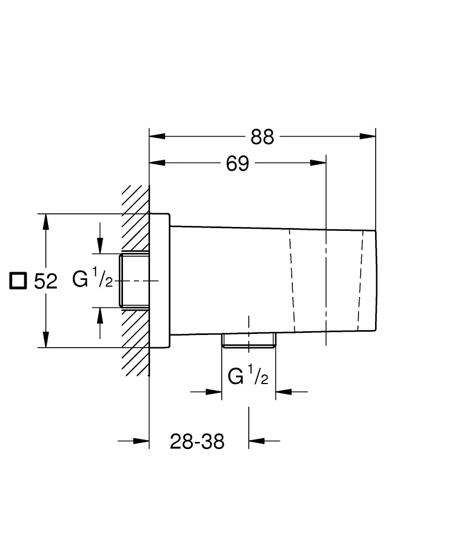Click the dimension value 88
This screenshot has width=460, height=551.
(x=262, y=137)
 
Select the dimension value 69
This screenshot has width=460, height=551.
(x=238, y=164)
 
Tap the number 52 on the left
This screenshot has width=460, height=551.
(x=46, y=282)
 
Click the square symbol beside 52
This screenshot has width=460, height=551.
(x=18, y=280)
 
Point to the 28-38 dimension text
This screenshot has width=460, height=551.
(x=197, y=441)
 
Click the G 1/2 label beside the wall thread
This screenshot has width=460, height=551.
(x=93, y=280)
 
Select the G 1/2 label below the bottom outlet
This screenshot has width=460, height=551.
(x=248, y=377)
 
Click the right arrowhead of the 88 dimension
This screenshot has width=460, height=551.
(x=368, y=136)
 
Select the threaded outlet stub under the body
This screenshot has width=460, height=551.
(x=249, y=341)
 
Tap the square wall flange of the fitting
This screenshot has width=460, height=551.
(x=159, y=280)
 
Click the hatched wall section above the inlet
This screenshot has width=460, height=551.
(x=135, y=220)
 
